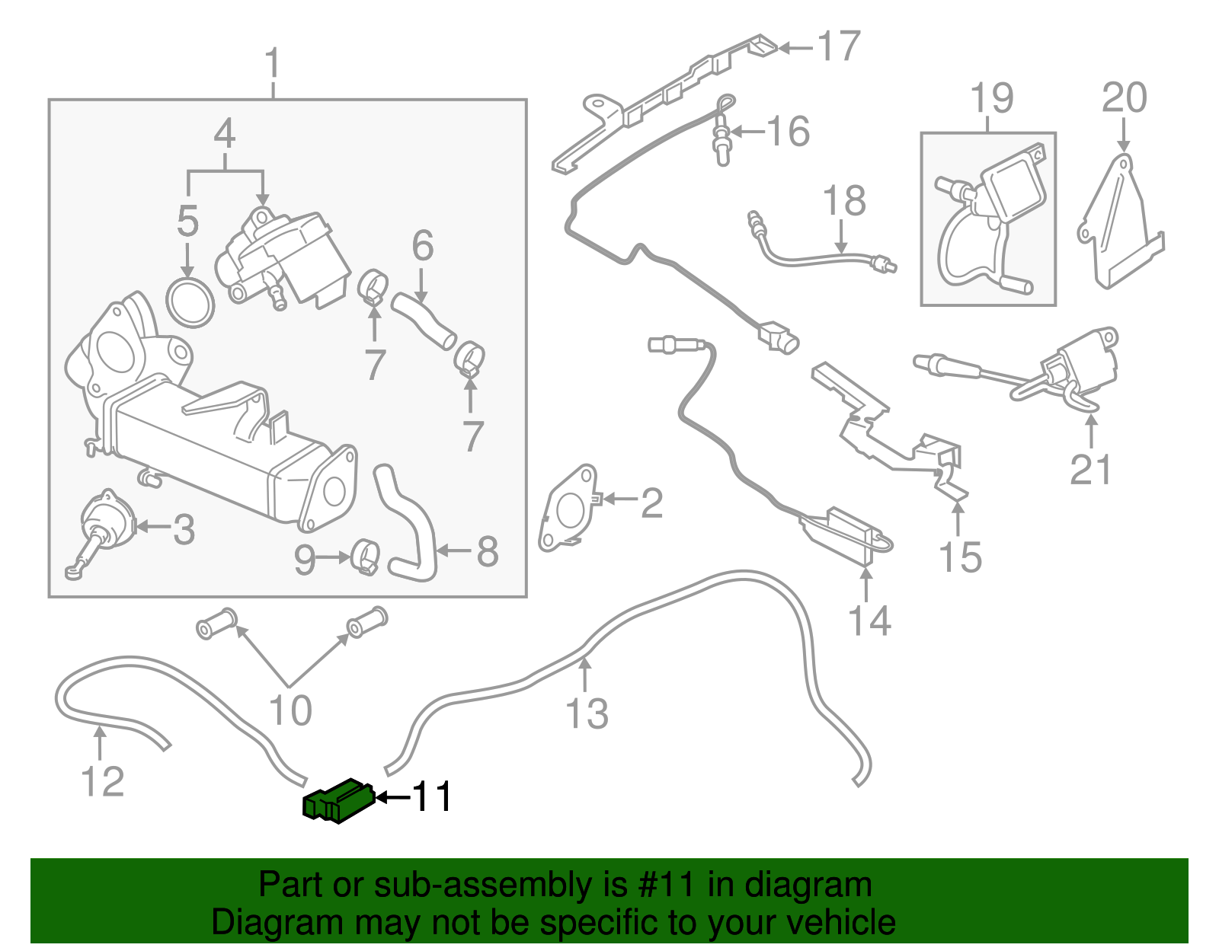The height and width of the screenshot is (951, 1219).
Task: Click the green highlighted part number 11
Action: coord(338,802)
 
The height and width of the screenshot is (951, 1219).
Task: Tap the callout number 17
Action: coord(839,47)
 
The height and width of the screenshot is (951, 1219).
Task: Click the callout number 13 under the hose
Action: coord(587,714)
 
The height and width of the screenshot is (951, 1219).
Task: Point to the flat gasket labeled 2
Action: coord(567,509)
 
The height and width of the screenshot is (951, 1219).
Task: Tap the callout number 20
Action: coord(1124,99)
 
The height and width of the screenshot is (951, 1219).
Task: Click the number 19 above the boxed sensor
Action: coord(992,99)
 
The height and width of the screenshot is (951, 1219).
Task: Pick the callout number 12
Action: coord(102,782)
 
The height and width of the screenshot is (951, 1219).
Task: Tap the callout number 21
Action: coord(1091,471)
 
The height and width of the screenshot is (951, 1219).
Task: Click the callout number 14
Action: coord(869,621)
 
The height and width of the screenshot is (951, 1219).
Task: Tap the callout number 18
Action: coord(844,202)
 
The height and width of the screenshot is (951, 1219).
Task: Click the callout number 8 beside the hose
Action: coord(488,551)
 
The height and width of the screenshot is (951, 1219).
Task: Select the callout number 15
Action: coord(960,557)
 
